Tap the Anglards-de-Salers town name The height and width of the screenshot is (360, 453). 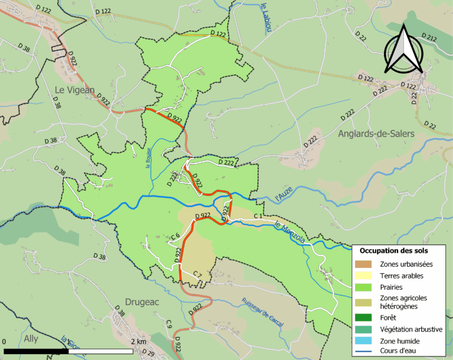pyautogui.click(x=376, y=134)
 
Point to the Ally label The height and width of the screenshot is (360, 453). pyautogui.click(x=31, y=338)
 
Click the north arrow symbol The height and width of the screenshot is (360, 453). pyautogui.click(x=403, y=50)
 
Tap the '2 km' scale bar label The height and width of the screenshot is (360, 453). pyautogui.click(x=137, y=342)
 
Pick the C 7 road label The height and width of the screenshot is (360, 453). pyautogui.click(x=198, y=275)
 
